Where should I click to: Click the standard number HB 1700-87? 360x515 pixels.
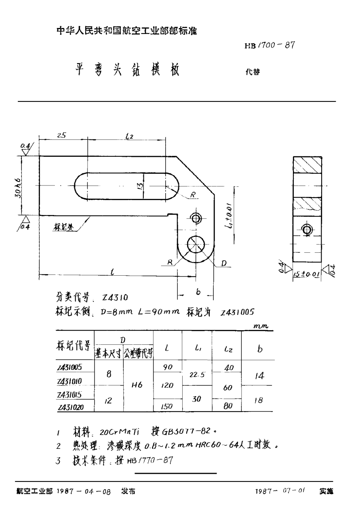(x=269, y=45)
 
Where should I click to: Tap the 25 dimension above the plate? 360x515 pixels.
(x=62, y=136)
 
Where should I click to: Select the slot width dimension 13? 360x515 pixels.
(x=139, y=186)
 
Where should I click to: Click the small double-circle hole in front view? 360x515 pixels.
(x=196, y=219)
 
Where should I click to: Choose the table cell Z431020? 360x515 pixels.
(x=71, y=408)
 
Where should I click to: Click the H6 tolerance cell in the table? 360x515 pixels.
(x=137, y=386)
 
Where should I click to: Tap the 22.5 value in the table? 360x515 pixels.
(x=197, y=375)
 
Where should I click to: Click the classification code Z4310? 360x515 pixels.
(x=115, y=298)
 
